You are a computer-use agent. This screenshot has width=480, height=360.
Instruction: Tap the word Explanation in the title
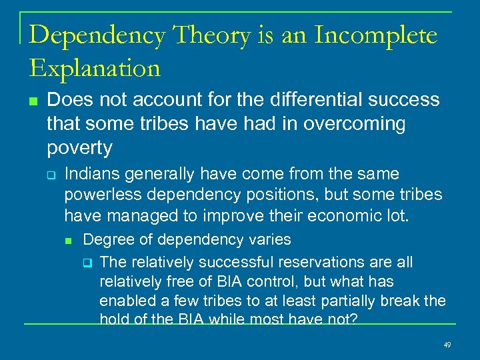(95, 67)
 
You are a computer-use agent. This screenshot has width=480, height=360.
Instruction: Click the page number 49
(447, 345)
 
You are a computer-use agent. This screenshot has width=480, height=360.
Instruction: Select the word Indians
(93, 174)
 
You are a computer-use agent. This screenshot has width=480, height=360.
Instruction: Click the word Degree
(105, 239)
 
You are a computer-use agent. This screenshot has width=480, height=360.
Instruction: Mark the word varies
(269, 239)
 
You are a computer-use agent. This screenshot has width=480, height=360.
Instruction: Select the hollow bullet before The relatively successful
(86, 263)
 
